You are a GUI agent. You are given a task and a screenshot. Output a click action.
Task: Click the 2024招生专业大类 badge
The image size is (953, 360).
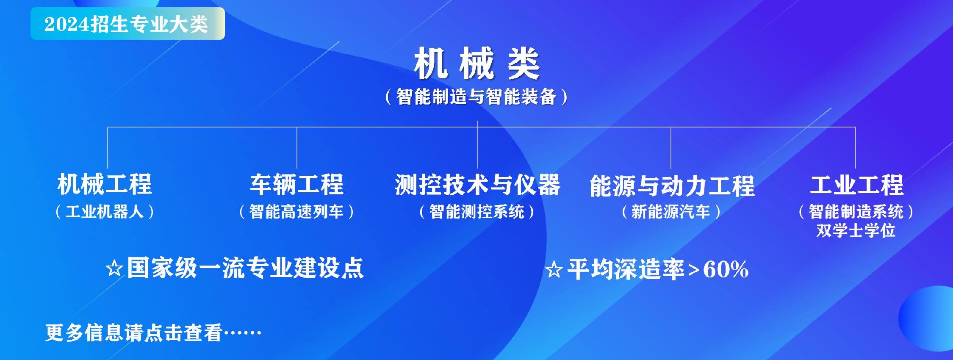127,24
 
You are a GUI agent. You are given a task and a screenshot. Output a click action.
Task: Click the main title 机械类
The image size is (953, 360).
477,64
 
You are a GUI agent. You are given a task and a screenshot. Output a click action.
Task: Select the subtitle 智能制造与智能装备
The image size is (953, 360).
477,97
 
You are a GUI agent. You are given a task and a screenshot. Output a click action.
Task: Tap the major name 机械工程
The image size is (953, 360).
105,185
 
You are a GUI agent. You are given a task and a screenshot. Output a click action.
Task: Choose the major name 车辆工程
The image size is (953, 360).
297,185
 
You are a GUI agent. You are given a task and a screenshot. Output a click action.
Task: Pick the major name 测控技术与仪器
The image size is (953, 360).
478,185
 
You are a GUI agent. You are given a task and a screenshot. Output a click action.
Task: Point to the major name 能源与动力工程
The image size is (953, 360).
672,186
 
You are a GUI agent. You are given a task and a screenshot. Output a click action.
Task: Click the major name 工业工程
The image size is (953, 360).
856,185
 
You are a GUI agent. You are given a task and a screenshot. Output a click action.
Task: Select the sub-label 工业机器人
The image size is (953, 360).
105,211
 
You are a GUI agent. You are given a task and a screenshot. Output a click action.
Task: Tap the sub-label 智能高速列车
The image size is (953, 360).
296,211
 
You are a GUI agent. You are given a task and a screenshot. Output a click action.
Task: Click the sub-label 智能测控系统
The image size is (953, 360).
477,211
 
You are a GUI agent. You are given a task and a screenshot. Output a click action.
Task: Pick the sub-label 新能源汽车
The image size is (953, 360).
671,211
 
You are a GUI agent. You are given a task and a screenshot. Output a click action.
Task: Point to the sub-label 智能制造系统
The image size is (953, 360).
856,211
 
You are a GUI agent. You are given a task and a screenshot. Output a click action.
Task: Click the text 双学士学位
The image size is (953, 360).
856,230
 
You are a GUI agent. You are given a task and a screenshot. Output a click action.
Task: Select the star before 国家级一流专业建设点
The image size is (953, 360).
114,269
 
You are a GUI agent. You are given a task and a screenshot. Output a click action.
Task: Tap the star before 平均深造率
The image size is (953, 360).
554,270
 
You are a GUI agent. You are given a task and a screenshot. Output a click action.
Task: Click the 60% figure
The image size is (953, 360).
726,269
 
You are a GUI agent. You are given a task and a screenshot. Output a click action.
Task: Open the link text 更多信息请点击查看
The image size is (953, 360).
133,333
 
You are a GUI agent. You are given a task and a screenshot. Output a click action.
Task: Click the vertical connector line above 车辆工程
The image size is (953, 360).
297,147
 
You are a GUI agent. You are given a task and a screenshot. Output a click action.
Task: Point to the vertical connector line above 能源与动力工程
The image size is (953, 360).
671,147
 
